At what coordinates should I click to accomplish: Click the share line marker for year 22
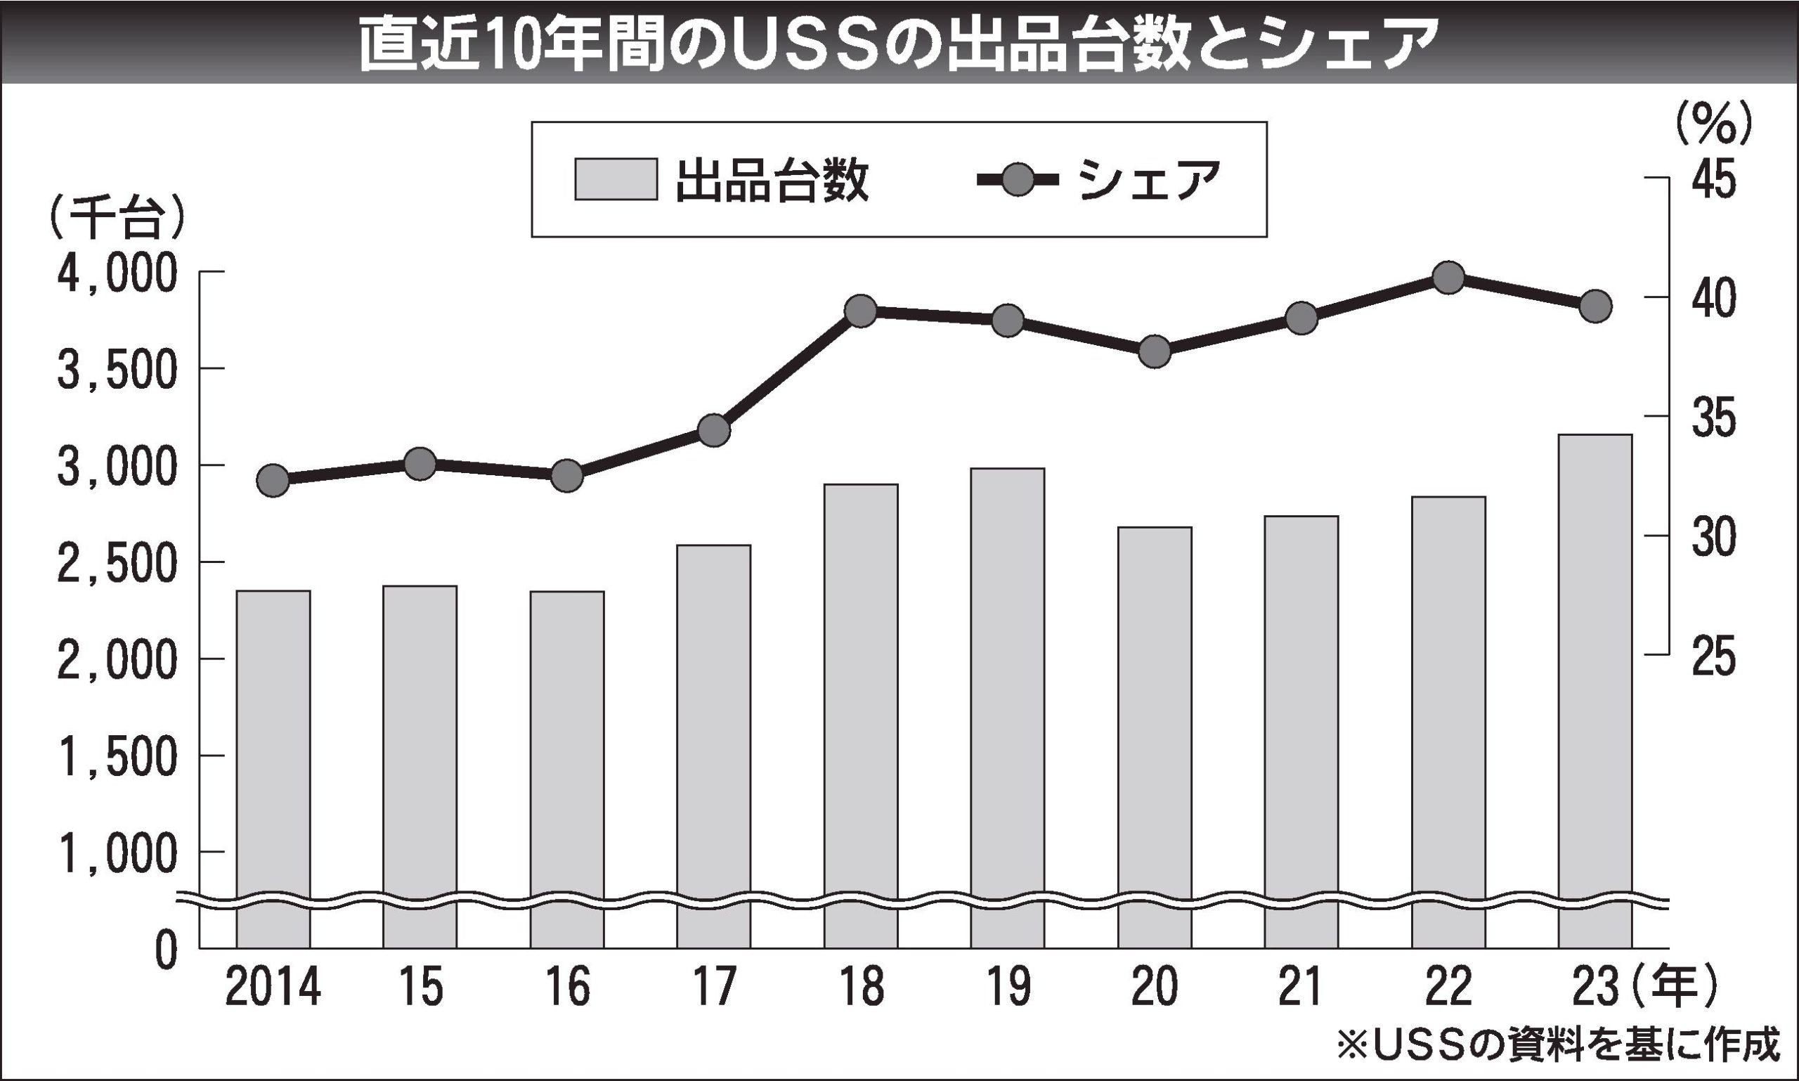click(1448, 278)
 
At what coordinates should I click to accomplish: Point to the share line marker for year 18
click(861, 312)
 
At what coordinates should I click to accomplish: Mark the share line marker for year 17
click(714, 431)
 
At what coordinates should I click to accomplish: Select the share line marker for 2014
click(273, 480)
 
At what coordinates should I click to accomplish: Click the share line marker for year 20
click(1155, 352)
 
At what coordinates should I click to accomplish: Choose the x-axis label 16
click(567, 987)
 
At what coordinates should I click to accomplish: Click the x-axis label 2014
click(273, 987)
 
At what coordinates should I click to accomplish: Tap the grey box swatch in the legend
click(616, 179)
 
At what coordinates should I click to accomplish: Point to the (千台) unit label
click(117, 216)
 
